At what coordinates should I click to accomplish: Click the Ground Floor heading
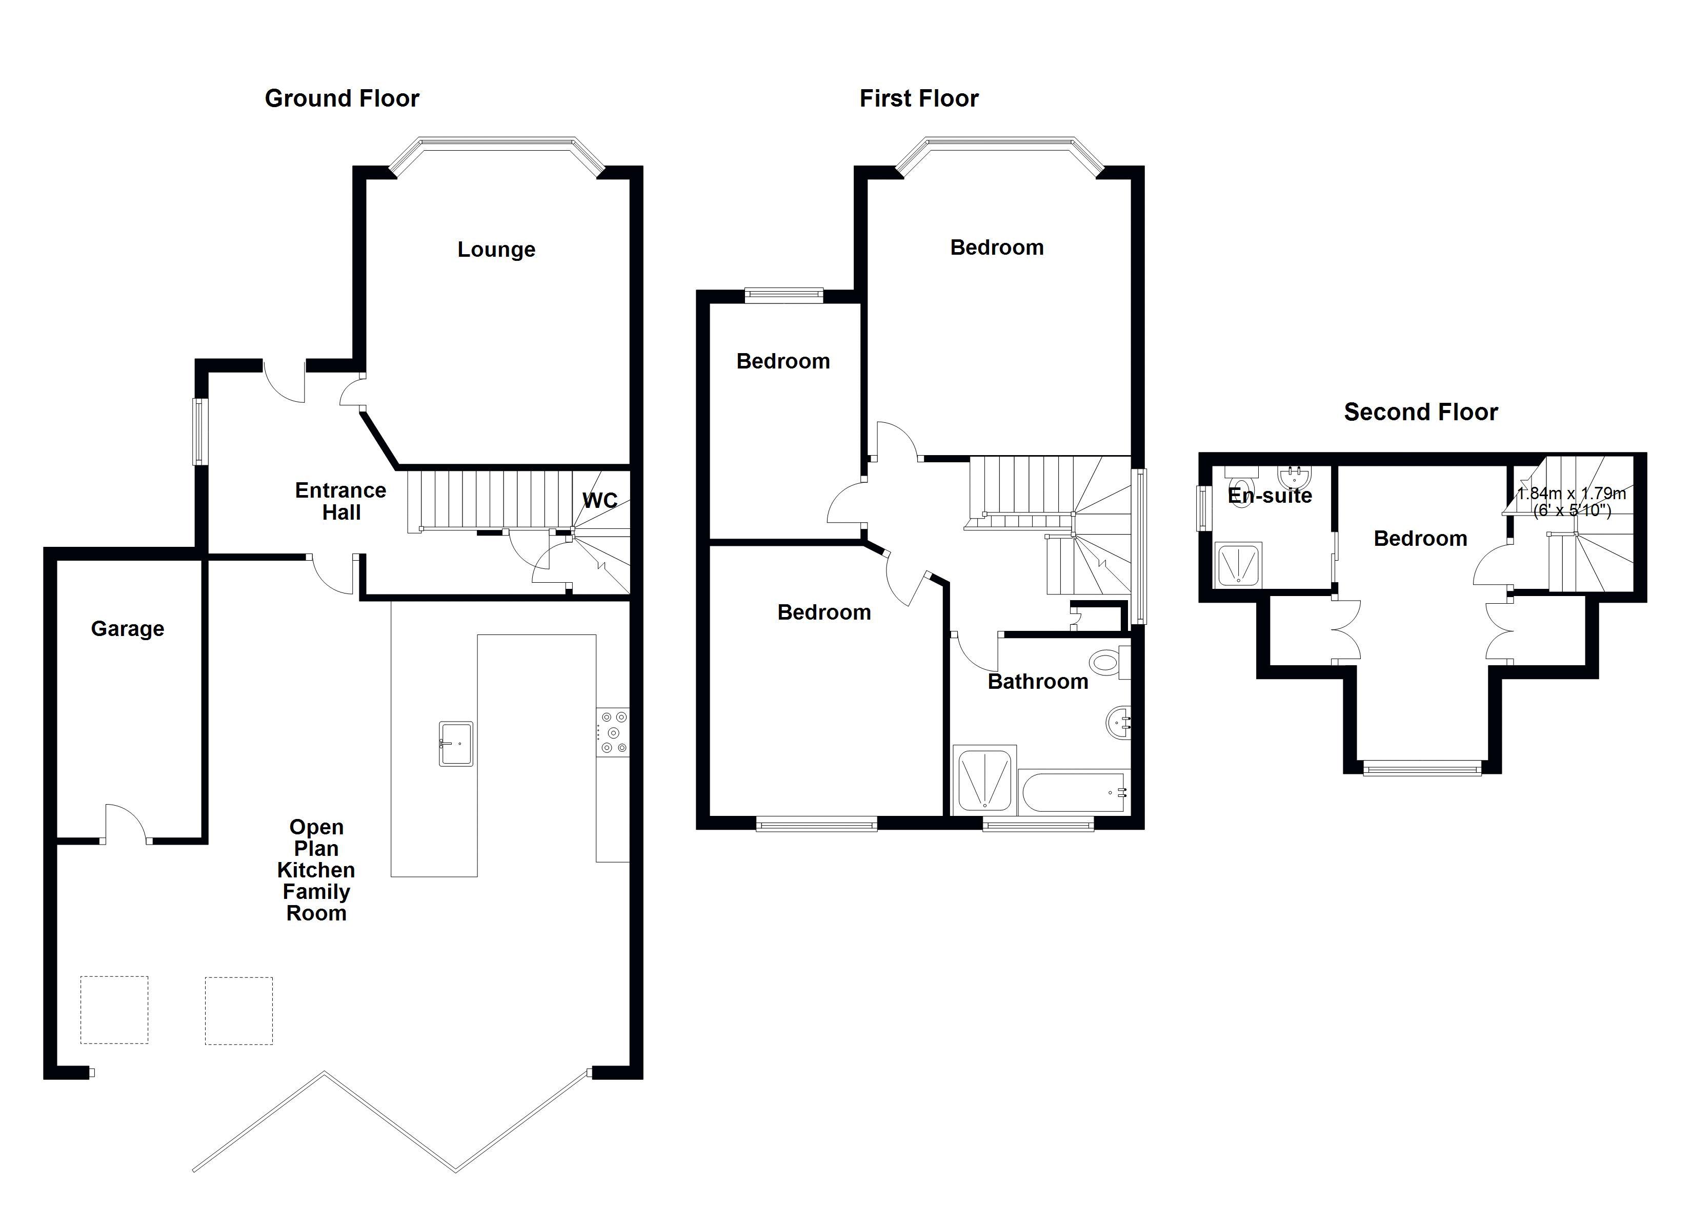click(341, 98)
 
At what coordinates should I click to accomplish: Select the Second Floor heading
click(1420, 412)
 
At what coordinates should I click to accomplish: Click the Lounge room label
click(496, 249)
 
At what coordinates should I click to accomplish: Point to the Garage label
click(128, 629)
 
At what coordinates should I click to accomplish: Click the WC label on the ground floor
click(600, 501)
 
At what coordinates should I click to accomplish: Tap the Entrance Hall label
click(341, 501)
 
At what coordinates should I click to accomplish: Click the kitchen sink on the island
click(456, 743)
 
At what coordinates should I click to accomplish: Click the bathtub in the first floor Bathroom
click(1074, 792)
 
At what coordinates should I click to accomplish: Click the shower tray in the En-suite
click(1238, 563)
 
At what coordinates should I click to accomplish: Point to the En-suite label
click(1270, 495)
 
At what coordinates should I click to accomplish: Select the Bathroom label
click(1038, 682)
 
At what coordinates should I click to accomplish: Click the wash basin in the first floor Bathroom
click(1118, 723)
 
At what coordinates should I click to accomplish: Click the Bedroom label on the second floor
click(1420, 539)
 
